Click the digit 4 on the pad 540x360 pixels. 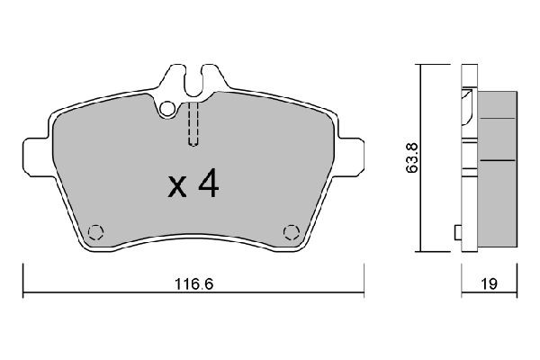point(208,184)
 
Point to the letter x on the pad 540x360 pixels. point(177,188)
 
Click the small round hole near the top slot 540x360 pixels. point(167,111)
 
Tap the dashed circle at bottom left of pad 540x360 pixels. point(98,230)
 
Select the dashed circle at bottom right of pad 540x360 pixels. point(291,231)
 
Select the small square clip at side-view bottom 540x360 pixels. point(457,233)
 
